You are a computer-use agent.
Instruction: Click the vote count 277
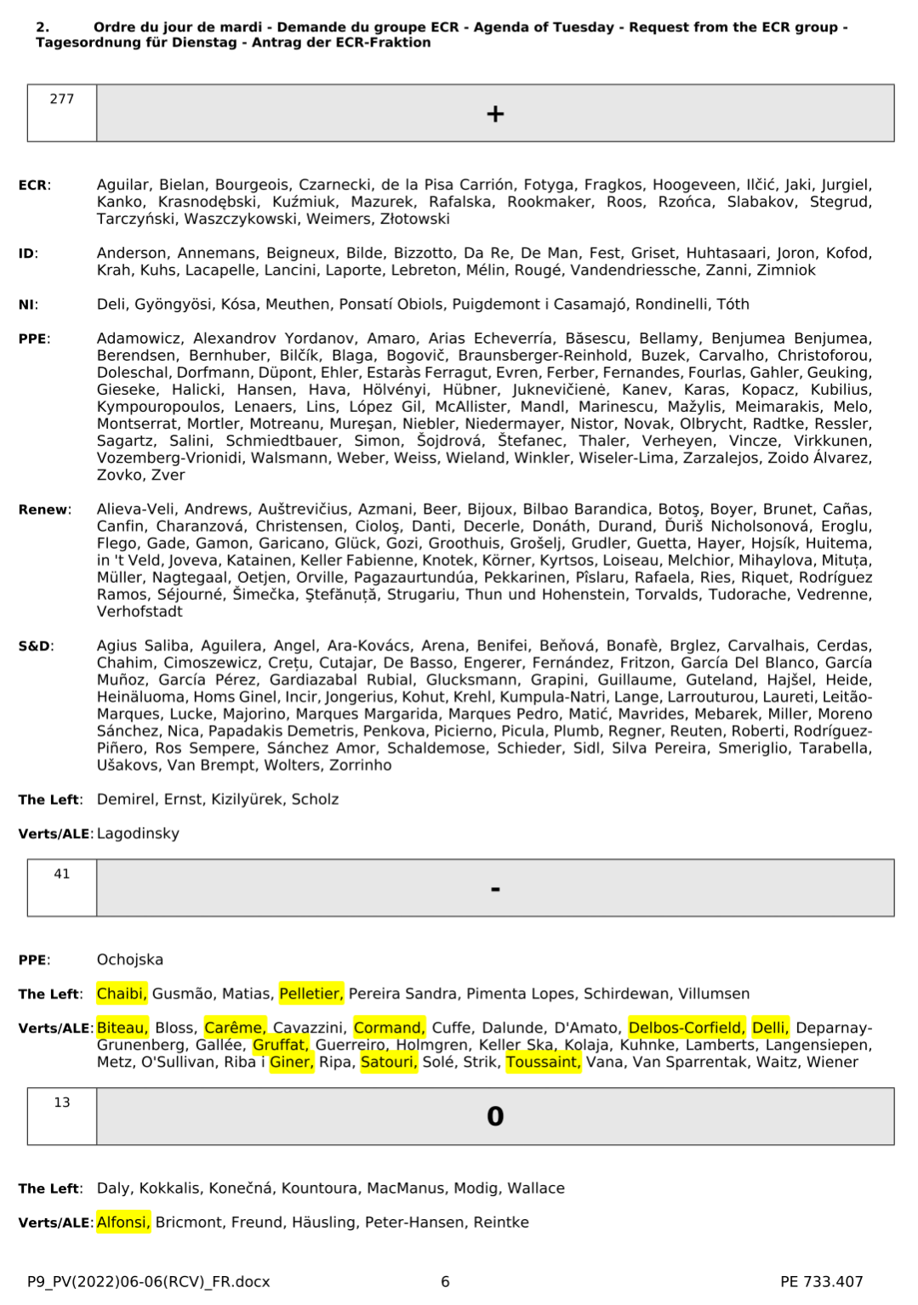[x=62, y=99]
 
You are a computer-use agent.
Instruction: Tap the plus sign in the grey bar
[x=495, y=113]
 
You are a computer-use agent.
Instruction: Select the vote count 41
[x=62, y=874]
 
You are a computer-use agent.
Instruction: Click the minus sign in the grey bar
[x=495, y=889]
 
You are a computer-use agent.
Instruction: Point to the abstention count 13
[x=62, y=1103]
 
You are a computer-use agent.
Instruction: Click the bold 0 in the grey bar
[x=495, y=1116]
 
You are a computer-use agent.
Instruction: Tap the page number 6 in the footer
[x=445, y=1282]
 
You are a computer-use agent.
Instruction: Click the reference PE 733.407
[x=821, y=1282]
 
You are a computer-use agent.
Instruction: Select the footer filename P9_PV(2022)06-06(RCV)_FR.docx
[x=148, y=1282]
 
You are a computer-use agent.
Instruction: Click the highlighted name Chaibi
[x=122, y=994]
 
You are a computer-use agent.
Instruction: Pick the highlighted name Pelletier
[x=311, y=994]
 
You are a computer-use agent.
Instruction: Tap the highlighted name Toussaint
[x=543, y=1062]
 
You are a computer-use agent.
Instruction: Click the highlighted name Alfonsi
[x=123, y=1222]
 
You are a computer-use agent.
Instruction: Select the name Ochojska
[x=130, y=960]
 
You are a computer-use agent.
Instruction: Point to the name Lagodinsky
[x=138, y=834]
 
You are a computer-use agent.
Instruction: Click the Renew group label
[x=44, y=510]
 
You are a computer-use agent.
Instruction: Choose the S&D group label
[x=36, y=647]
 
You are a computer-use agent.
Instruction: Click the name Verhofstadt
[x=140, y=612]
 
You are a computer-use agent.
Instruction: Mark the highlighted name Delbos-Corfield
[x=687, y=1028]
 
